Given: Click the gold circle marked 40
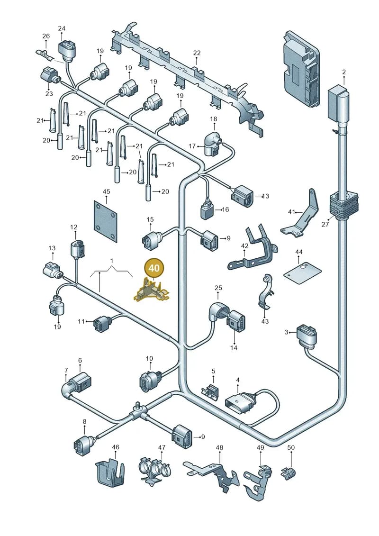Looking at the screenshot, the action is click(x=154, y=268).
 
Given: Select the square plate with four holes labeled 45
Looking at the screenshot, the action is click(x=106, y=221).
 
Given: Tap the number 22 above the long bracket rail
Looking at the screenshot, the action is click(x=197, y=53).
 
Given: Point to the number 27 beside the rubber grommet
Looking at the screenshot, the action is click(x=325, y=224).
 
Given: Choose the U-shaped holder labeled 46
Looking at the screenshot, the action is click(x=109, y=473).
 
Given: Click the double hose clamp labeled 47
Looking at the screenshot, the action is click(x=154, y=471).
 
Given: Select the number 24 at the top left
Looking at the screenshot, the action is click(x=62, y=28).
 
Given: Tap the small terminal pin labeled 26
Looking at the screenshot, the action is click(x=44, y=55).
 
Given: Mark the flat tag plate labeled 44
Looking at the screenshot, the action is click(x=302, y=273).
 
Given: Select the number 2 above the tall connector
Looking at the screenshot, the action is click(x=344, y=72).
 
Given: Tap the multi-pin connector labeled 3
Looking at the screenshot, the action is click(x=307, y=336).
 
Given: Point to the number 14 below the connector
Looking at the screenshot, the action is click(x=234, y=348).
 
